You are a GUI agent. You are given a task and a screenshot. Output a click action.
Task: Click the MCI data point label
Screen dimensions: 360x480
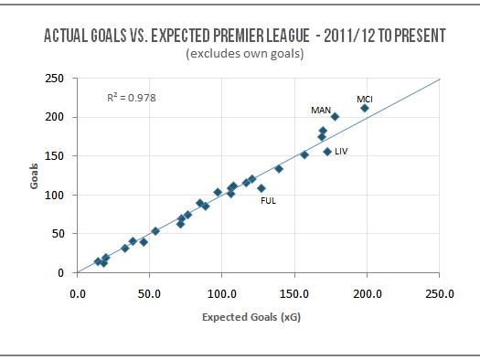click(x=365, y=99)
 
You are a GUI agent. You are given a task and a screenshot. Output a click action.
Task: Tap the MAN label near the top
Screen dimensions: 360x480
click(x=321, y=110)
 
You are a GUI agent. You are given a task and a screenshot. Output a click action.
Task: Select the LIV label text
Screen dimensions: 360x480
click(x=341, y=150)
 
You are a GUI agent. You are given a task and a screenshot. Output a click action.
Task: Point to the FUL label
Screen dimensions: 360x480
click(x=269, y=200)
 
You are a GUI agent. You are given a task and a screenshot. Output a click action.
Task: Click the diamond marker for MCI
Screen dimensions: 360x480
click(x=365, y=108)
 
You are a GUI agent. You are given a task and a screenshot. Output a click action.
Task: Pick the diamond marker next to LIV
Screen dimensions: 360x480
click(x=326, y=152)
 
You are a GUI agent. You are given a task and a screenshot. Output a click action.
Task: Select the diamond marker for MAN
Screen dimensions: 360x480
click(x=335, y=117)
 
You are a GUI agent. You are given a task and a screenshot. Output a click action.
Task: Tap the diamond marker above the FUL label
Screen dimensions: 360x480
click(x=261, y=188)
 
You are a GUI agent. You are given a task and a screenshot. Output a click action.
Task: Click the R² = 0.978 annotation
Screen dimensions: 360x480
click(x=132, y=97)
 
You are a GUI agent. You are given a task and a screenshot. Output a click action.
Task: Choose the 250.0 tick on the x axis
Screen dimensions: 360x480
click(x=440, y=294)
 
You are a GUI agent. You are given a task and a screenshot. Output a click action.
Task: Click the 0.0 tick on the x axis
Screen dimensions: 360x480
click(x=78, y=294)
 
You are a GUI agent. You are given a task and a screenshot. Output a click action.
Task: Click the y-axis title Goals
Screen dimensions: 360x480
click(x=33, y=175)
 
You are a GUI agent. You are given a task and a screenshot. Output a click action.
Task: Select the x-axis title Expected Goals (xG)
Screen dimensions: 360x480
click(x=258, y=317)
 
